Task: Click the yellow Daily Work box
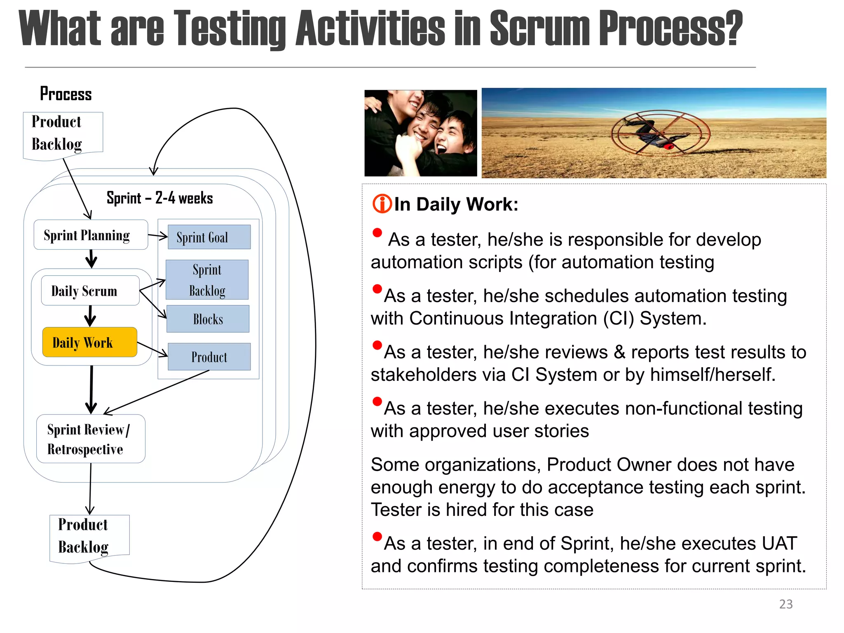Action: (89, 342)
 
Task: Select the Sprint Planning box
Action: (91, 235)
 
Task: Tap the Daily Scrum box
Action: (90, 291)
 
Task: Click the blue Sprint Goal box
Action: (209, 237)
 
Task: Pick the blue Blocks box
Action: (208, 319)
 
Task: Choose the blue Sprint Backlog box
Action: (207, 280)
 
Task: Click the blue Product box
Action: (209, 356)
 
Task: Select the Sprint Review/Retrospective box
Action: (91, 439)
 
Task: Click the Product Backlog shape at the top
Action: (63, 134)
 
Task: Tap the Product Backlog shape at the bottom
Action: (89, 536)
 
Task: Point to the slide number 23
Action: (785, 604)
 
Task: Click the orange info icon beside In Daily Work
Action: (382, 204)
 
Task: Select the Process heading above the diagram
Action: (66, 94)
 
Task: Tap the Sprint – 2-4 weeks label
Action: (159, 198)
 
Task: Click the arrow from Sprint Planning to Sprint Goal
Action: (157, 236)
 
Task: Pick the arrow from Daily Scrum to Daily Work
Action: (90, 316)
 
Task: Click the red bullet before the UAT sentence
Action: (377, 537)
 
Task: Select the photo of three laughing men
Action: (420, 133)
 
